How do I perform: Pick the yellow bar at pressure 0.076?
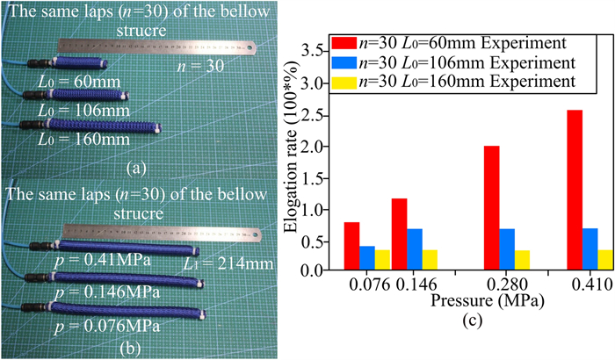pos(359,260)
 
